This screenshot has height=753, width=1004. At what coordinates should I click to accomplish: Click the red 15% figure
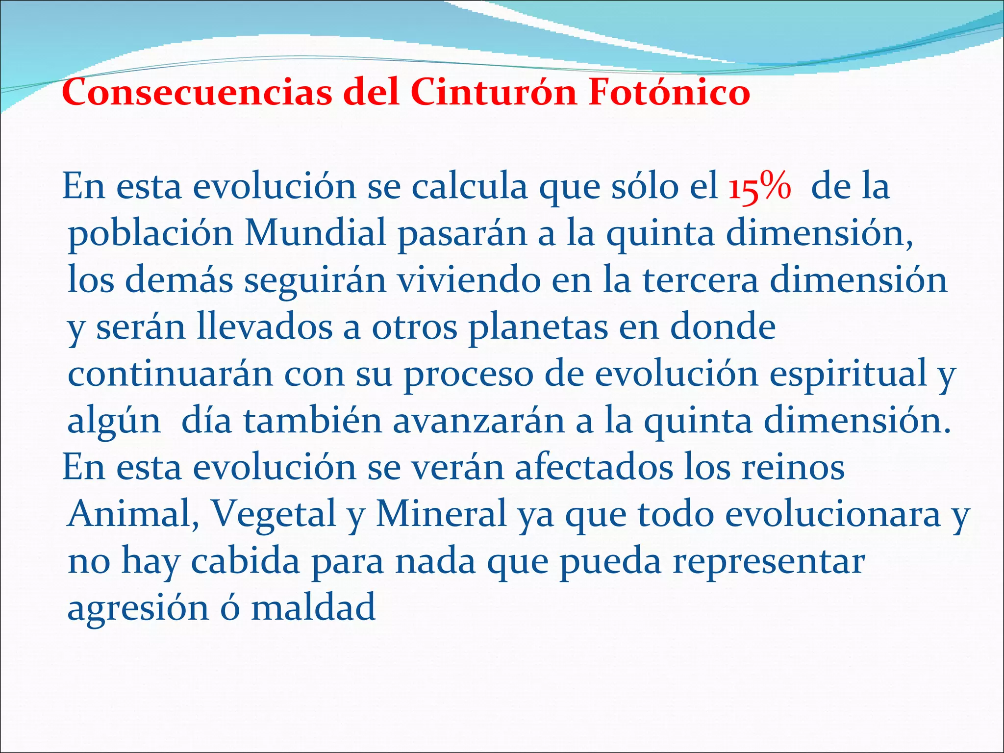pos(759,187)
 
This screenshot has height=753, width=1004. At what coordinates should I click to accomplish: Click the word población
pos(150,234)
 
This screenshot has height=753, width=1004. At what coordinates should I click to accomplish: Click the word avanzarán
pos(478,421)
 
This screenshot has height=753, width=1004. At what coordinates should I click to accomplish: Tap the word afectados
pos(594,467)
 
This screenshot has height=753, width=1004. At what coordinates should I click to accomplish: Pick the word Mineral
pos(441,514)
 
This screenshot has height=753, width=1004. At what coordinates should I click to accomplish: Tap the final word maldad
pos(313,607)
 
